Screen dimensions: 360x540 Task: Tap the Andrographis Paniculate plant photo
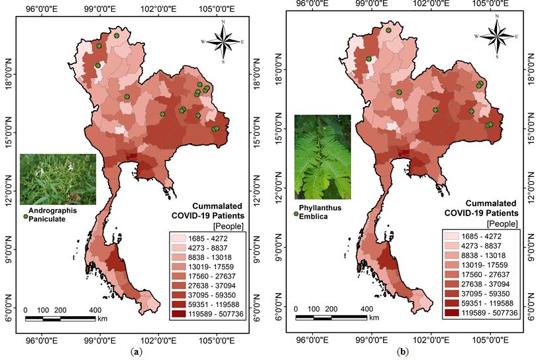[x=58, y=178]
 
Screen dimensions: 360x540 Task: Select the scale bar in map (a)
[x=60, y=319]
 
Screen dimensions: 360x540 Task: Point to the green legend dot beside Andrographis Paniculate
[x=25, y=216]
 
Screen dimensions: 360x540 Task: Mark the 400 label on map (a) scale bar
[x=95, y=310]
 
